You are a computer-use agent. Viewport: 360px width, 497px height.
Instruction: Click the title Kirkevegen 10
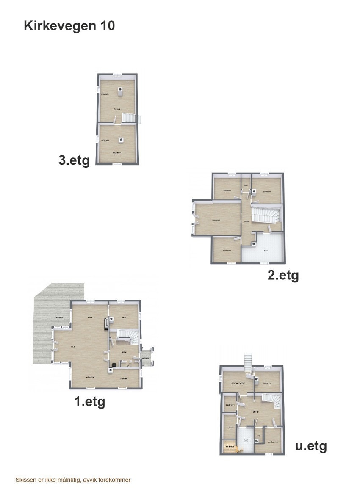(69, 26)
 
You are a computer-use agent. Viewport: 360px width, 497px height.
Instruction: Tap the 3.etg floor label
(74, 161)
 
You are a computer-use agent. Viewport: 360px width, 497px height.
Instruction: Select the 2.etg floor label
(283, 275)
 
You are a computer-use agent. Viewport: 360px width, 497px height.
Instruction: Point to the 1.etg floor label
(90, 401)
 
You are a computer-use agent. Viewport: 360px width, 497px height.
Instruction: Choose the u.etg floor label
(311, 446)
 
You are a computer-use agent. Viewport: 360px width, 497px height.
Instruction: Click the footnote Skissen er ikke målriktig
(73, 480)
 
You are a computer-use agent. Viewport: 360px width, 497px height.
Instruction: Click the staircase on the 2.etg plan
(266, 214)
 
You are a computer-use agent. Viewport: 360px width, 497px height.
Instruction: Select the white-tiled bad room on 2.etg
(266, 250)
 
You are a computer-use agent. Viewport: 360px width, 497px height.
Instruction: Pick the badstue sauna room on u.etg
(230, 447)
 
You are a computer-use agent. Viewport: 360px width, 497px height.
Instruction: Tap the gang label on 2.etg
(246, 221)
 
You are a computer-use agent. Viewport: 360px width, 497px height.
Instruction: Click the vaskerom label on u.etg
(273, 442)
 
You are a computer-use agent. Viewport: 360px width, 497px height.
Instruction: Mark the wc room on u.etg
(258, 436)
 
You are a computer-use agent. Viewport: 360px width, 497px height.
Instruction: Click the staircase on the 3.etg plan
(129, 118)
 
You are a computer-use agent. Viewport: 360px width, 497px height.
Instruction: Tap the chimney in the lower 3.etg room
(121, 139)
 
